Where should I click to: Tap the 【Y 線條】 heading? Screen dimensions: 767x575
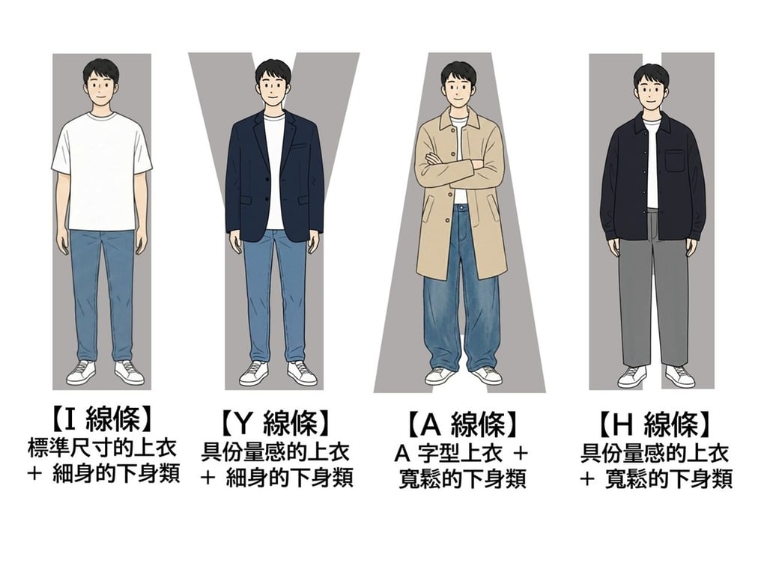[x=275, y=424]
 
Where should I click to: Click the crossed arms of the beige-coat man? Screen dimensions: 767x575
[x=458, y=164]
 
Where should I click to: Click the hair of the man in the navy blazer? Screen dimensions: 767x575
[x=273, y=69]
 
